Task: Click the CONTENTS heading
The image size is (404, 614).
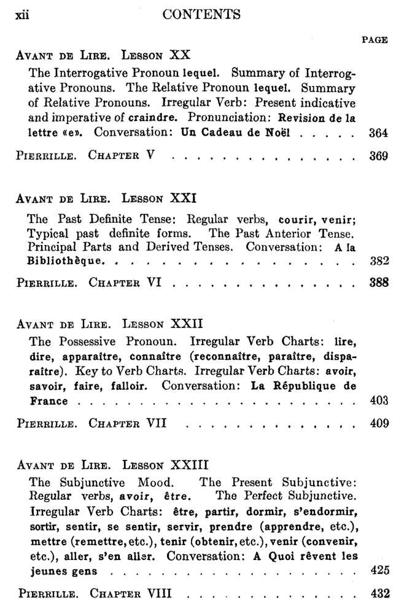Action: click(202, 14)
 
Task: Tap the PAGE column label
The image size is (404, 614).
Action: click(375, 40)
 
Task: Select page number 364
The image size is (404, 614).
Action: click(379, 132)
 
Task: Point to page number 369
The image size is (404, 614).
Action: click(379, 156)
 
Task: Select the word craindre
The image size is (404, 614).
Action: click(161, 117)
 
